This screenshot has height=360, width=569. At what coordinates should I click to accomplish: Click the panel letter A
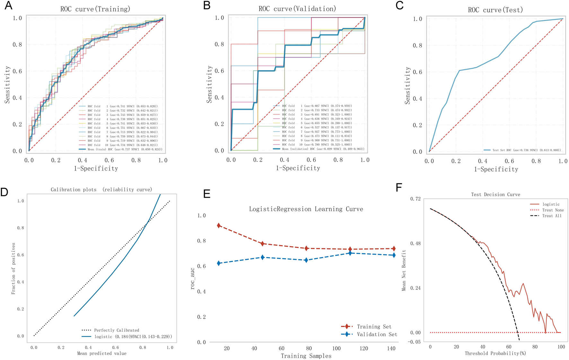point(8,6)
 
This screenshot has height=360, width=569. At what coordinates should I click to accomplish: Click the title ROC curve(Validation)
point(297,9)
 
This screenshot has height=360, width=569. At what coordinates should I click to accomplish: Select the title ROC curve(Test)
point(495,10)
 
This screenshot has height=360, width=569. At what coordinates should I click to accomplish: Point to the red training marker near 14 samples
point(219,225)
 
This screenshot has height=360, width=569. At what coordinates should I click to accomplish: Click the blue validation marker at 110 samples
point(350,253)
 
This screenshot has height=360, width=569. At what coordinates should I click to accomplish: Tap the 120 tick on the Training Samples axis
point(364,348)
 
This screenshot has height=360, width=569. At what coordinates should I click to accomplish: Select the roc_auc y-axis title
point(193,278)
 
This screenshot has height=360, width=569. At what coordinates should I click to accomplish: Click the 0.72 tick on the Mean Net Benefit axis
point(416,199)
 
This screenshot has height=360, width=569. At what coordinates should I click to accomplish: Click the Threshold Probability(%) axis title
point(495,353)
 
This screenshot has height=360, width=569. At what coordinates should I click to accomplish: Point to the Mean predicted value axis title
point(102,353)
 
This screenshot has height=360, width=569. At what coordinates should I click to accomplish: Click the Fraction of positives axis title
point(13,268)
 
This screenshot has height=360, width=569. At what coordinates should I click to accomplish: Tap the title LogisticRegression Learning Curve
point(306,209)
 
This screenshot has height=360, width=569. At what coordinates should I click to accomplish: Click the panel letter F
point(399,187)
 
